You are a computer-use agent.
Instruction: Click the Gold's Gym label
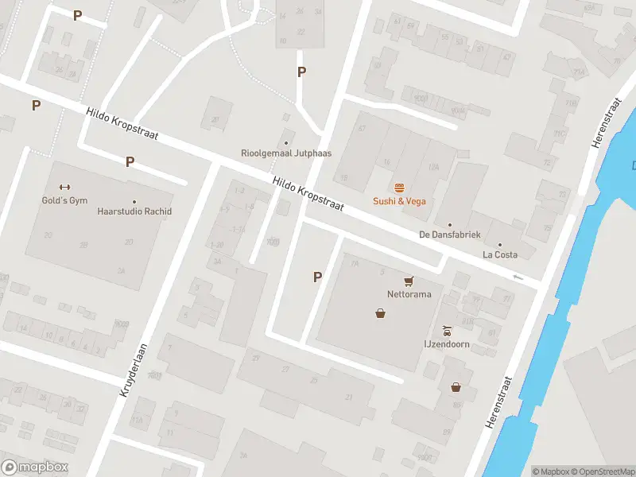click(64, 200)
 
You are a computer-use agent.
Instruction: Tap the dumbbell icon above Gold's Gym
click(64, 188)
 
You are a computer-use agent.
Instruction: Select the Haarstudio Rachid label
click(134, 211)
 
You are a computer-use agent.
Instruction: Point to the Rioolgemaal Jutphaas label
click(286, 153)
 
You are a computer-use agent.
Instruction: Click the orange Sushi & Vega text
click(399, 201)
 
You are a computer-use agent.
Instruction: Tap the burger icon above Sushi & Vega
click(399, 188)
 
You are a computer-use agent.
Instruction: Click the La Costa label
click(500, 254)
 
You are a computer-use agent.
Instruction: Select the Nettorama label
click(409, 293)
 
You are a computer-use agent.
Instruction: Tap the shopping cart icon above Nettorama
click(409, 281)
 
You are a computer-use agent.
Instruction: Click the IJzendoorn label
click(448, 344)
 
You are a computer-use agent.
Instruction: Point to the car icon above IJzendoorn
click(448, 331)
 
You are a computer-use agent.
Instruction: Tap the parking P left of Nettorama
click(317, 277)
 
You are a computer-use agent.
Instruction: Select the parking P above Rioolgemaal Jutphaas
click(301, 72)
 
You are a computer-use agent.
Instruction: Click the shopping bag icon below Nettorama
click(381, 313)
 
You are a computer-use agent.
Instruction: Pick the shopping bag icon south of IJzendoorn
click(456, 387)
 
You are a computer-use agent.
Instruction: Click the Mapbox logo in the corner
click(35, 467)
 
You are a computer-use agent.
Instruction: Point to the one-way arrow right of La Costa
click(519, 277)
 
